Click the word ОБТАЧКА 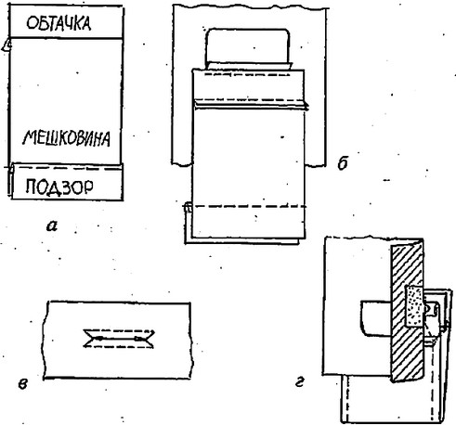pos(59,23)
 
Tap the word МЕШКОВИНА pos(67,138)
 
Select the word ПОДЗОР pos(59,187)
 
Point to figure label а pos(52,226)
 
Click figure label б pos(343,162)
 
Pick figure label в pos(23,384)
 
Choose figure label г pos(300,382)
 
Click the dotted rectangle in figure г pos(414,306)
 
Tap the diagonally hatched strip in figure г pos(407,312)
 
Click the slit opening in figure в pos(119,339)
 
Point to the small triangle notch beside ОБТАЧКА pos(7,45)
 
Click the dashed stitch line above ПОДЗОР pos(67,169)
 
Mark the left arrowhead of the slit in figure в pos(98,338)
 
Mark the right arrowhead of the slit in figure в pos(138,339)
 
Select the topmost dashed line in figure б pos(241,74)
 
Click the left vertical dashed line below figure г pos(348,399)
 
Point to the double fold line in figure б pos(251,104)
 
